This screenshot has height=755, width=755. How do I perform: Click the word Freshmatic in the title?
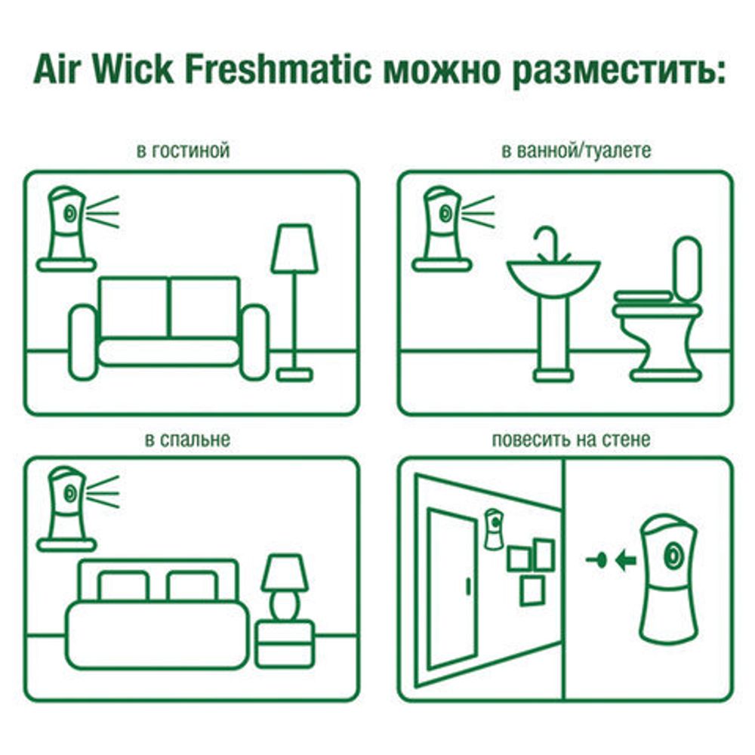point(278,71)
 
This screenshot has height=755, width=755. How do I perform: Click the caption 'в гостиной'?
point(183,151)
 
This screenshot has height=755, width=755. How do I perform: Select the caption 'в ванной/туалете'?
point(576,151)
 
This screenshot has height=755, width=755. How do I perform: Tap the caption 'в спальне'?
point(187,439)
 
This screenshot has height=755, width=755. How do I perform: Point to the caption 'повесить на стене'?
point(570,439)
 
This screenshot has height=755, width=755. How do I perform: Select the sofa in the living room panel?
point(169,328)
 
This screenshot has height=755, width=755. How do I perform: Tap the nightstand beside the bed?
point(285,643)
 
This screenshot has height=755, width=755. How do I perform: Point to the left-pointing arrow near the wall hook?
point(625,560)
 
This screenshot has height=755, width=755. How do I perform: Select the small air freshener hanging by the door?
point(494,528)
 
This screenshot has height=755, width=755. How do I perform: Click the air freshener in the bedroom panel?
point(66,502)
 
